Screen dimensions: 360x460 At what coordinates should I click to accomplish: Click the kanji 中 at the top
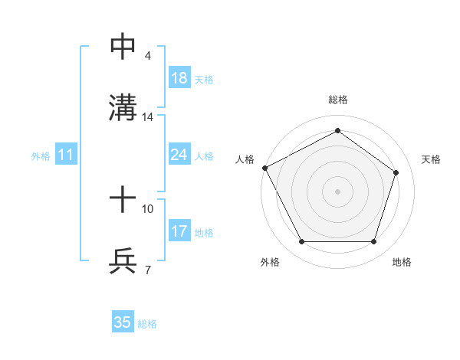click(x=123, y=47)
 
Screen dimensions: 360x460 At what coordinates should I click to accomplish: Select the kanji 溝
click(x=123, y=108)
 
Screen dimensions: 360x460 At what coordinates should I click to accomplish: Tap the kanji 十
click(x=123, y=200)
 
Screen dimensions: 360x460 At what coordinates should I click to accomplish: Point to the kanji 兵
click(x=123, y=261)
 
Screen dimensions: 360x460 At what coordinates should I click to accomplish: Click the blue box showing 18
click(x=179, y=78)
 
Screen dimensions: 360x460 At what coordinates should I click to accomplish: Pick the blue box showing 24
click(x=179, y=155)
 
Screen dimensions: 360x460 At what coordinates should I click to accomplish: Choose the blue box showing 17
click(x=179, y=231)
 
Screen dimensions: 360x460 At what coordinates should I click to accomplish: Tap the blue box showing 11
click(x=65, y=155)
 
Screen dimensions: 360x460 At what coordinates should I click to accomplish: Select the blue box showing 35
click(x=123, y=322)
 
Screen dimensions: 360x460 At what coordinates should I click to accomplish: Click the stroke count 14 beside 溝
click(x=148, y=117)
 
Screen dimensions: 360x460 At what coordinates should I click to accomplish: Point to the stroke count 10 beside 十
click(x=148, y=208)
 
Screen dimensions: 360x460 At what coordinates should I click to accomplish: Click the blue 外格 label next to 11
click(x=41, y=155)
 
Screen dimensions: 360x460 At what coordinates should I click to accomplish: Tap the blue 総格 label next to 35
click(x=147, y=323)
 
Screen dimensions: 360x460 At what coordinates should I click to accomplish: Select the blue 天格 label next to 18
click(x=204, y=79)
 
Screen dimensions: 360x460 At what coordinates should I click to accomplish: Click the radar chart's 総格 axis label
click(x=337, y=100)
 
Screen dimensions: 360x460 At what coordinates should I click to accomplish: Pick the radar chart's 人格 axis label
click(x=245, y=159)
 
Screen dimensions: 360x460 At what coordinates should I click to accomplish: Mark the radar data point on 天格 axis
click(x=396, y=172)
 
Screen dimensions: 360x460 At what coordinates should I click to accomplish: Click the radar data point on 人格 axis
click(x=264, y=168)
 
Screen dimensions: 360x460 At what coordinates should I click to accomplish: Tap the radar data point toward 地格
click(x=373, y=241)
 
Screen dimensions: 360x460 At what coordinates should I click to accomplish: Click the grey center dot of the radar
click(x=337, y=191)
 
